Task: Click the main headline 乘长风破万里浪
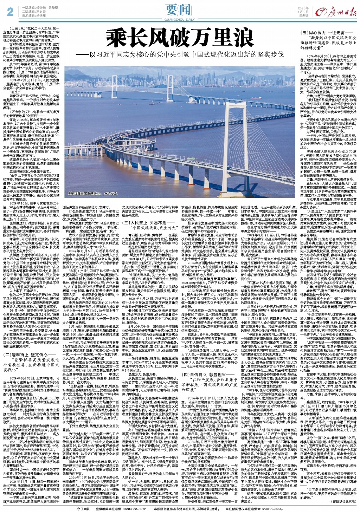[x=178, y=38]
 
